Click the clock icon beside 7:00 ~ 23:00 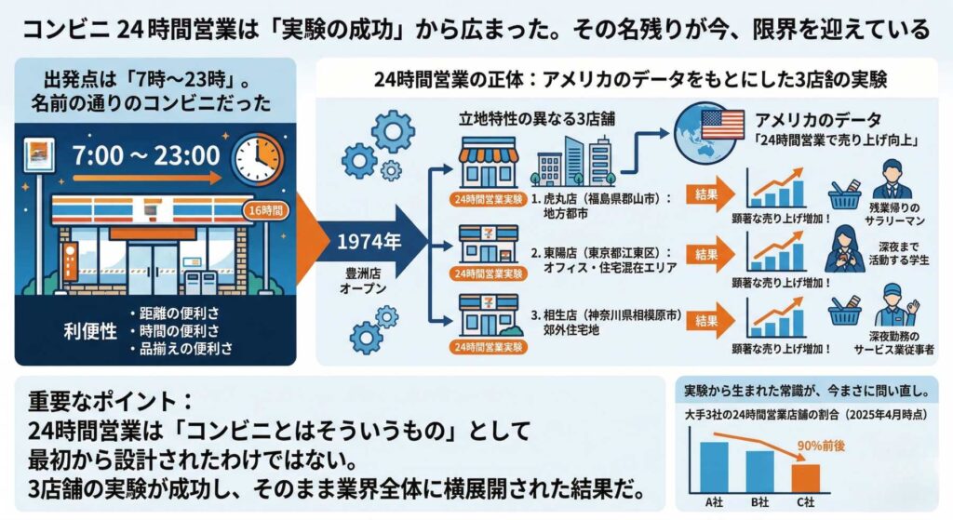[x=257, y=159]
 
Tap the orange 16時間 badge [x=264, y=210]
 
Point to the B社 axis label [x=760, y=503]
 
